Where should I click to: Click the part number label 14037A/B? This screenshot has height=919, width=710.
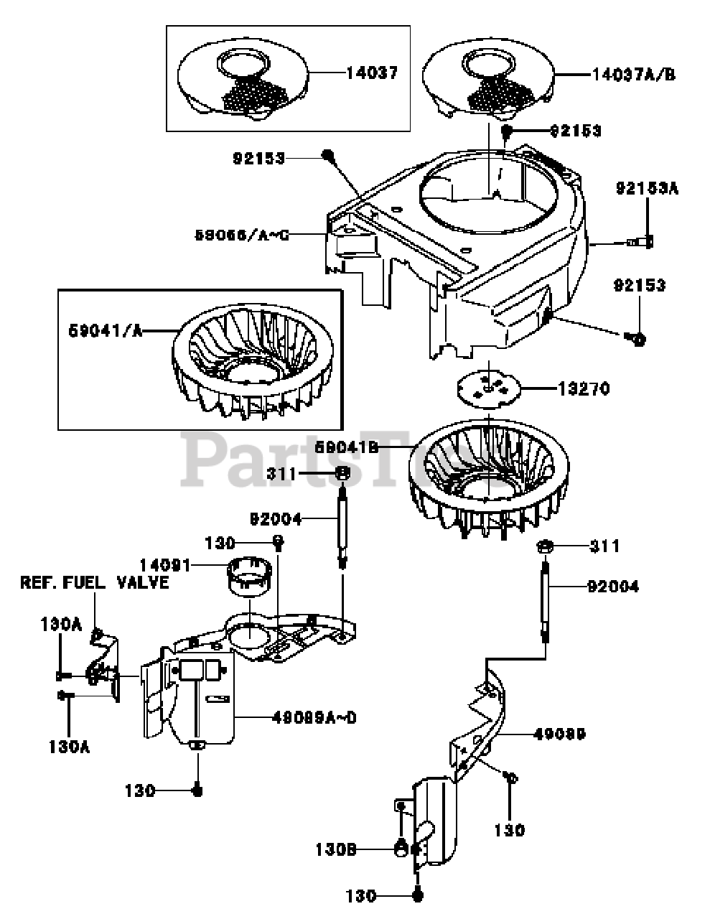(x=633, y=75)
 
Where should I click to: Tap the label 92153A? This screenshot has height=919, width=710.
(x=646, y=189)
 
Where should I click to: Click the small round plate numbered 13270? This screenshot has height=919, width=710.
(x=487, y=388)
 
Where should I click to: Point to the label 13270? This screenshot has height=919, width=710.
(x=584, y=389)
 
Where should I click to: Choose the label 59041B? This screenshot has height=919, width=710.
(x=346, y=447)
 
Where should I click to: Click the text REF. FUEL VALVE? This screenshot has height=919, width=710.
(x=94, y=583)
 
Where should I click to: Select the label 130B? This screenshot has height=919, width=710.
(x=335, y=849)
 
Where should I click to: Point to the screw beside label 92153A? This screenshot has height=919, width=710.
(x=642, y=242)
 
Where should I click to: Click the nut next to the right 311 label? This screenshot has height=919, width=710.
(x=543, y=547)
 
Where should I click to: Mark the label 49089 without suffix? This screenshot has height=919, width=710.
(x=559, y=734)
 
